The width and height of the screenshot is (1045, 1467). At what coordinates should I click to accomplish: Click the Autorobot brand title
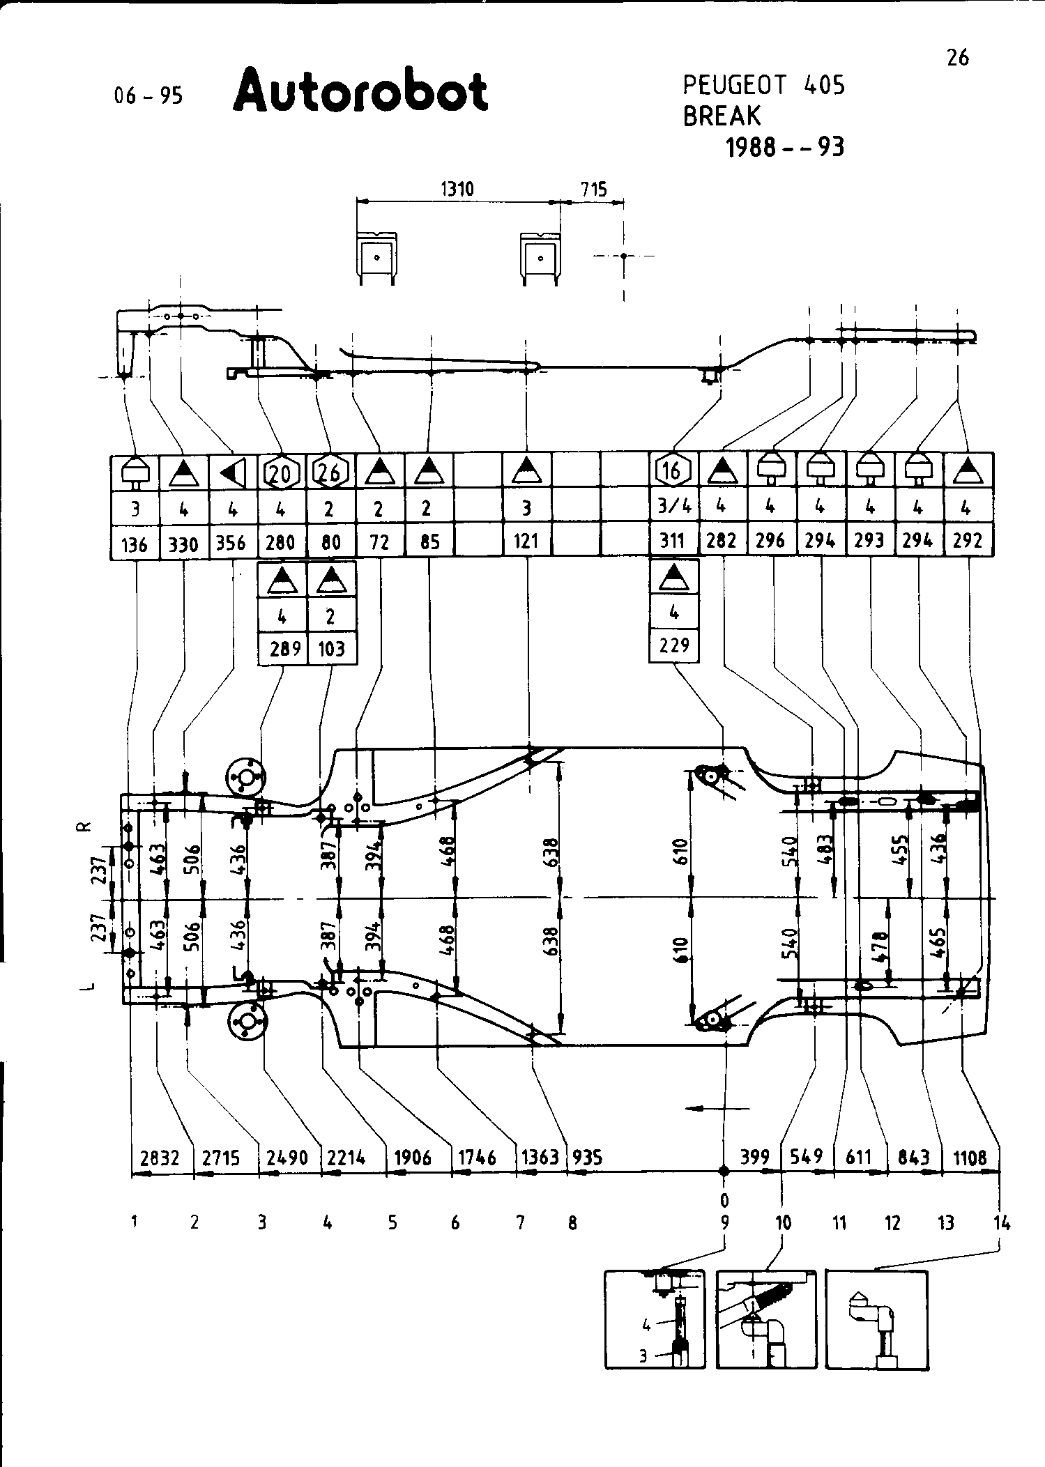[x=360, y=91]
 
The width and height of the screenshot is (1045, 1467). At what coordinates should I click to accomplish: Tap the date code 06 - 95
[x=148, y=95]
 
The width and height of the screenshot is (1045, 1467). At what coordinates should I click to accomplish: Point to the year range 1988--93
[x=784, y=147]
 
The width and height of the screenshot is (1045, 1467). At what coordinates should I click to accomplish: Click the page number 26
[x=958, y=58]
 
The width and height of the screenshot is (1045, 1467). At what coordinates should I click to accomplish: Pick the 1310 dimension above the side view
[x=457, y=190]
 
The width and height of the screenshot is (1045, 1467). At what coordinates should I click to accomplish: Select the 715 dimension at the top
[x=593, y=190]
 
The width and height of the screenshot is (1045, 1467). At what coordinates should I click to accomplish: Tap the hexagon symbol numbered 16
[x=672, y=472]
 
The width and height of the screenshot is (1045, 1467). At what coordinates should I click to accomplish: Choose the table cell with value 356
[x=231, y=542]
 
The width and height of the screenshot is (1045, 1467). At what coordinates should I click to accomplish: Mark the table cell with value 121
[x=526, y=542]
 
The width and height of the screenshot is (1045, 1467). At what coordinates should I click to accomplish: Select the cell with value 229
[x=673, y=646]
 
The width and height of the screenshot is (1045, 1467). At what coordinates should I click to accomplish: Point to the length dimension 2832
[x=160, y=1158]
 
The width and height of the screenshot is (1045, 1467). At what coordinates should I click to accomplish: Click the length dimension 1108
[x=970, y=1158]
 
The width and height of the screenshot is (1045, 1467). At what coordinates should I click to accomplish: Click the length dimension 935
[x=586, y=1158]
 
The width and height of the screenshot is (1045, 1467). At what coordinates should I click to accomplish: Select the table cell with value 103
[x=331, y=649]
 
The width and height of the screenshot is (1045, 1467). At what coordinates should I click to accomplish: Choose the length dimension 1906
[x=413, y=1158]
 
